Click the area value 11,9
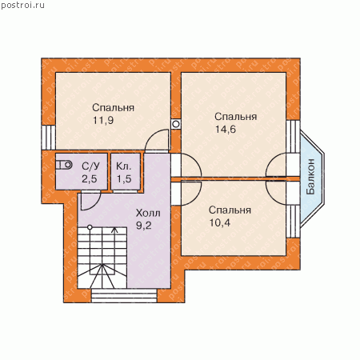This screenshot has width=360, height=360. [x=103, y=121]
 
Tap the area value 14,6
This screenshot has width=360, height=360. [x=226, y=130]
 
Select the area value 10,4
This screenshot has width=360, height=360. [x=220, y=223]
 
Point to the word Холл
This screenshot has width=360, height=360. [x=148, y=213]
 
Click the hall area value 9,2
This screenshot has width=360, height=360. [x=144, y=226]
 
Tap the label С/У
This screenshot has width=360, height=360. [x=90, y=166]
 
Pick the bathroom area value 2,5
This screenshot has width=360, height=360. [x=90, y=179]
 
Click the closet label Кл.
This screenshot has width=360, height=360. [x=124, y=166]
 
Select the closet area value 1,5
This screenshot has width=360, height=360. [x=124, y=179]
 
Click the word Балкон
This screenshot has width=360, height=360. [x=310, y=177]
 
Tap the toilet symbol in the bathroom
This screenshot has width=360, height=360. [x=64, y=165]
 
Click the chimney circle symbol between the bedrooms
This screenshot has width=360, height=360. [x=176, y=124]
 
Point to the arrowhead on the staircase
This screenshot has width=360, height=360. [x=115, y=230]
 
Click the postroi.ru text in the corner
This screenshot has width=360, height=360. [x=23, y=6]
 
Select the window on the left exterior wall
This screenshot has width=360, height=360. [x=48, y=138]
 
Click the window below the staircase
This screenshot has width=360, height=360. [x=124, y=295]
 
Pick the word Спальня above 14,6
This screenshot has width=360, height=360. [x=236, y=117]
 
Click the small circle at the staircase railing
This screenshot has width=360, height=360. [x=90, y=227]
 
